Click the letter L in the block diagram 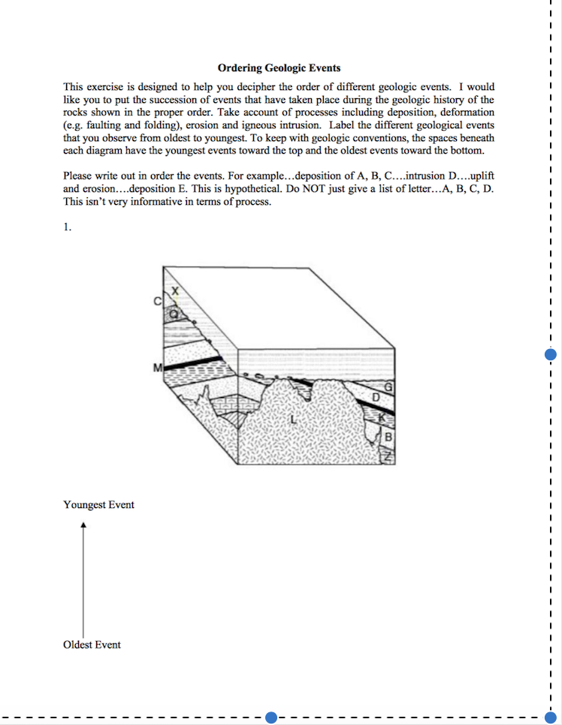tap(292, 420)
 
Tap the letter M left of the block tap(157, 368)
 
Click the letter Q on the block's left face tap(174, 315)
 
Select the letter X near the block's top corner tap(175, 290)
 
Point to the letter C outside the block tap(157, 302)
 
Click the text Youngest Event tap(98, 505)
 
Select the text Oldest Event tap(92, 645)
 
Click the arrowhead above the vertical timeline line tap(83, 526)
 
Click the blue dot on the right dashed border tap(550, 354)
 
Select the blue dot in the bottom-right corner tap(550, 717)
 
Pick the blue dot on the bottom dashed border tap(271, 717)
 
